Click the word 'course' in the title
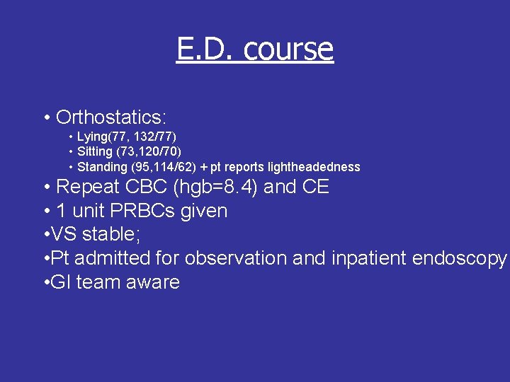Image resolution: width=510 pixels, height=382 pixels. [288, 49]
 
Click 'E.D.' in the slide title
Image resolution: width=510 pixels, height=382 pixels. [206, 49]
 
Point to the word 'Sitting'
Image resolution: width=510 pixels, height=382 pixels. [95, 151]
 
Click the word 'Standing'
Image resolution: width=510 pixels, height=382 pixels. [101, 168]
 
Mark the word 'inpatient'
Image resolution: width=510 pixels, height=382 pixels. [360, 258]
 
